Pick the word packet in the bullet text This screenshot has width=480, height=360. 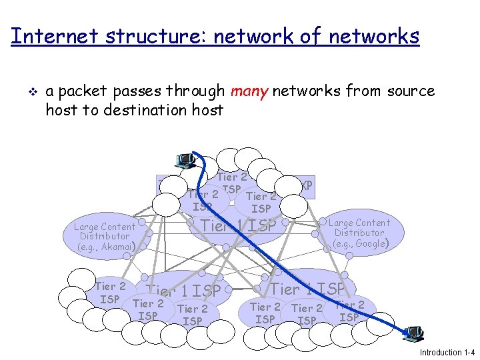(85, 91)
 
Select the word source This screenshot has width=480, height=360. (409, 91)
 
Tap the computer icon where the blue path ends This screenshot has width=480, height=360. (414, 332)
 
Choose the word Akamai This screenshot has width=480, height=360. (115, 247)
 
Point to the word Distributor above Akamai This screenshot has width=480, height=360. (105, 236)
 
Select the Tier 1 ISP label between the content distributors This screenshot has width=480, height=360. (238, 226)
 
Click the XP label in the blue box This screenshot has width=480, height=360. (306, 185)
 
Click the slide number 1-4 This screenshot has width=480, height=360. (470, 352)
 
